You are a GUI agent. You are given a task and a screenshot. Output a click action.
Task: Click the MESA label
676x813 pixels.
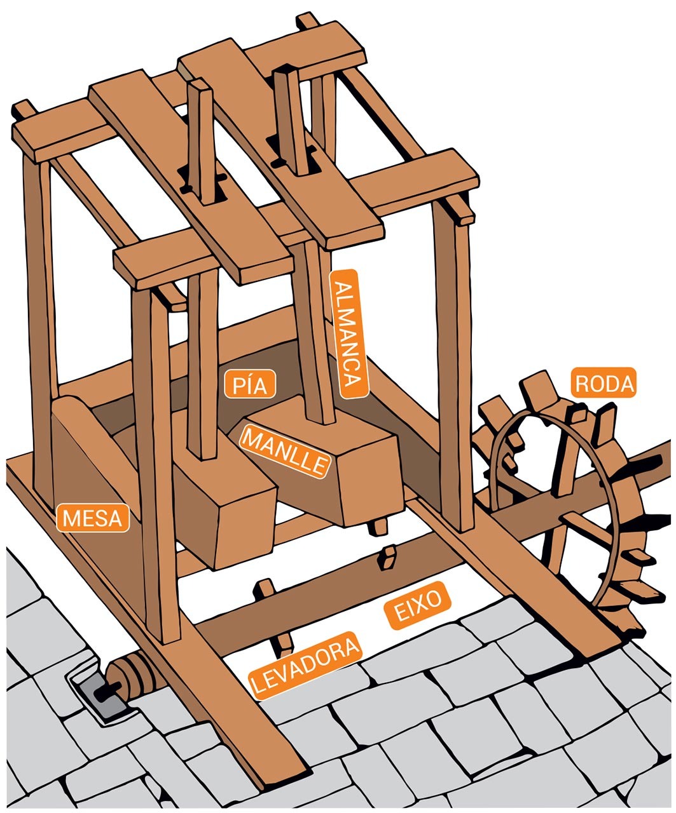tap(93, 518)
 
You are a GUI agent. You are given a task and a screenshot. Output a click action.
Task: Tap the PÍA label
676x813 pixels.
tap(250, 385)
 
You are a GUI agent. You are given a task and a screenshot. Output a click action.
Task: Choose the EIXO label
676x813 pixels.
tap(418, 607)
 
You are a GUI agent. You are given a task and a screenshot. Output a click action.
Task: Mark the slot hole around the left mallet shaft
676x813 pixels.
tap(201, 184)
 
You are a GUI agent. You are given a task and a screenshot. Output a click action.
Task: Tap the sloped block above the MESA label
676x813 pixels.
tap(89, 438)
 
